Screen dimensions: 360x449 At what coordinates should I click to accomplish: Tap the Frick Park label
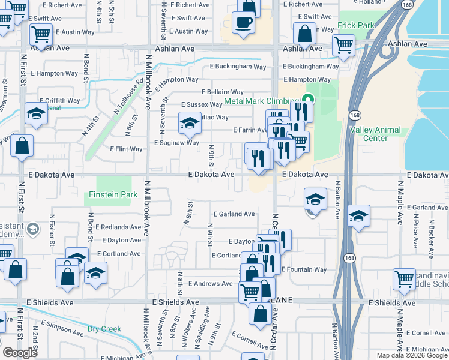click(355, 25)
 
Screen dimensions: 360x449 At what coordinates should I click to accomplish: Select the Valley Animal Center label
click(375, 134)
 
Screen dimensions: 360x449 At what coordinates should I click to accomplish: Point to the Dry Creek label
click(104, 328)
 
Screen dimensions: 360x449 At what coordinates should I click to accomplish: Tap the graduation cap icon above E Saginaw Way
click(190, 124)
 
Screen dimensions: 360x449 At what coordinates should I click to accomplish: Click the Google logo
click(20, 353)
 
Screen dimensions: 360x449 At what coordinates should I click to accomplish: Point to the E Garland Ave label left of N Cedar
click(234, 214)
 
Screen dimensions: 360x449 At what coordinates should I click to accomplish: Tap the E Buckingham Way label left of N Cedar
click(237, 67)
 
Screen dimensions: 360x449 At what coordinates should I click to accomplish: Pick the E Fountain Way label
click(304, 269)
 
